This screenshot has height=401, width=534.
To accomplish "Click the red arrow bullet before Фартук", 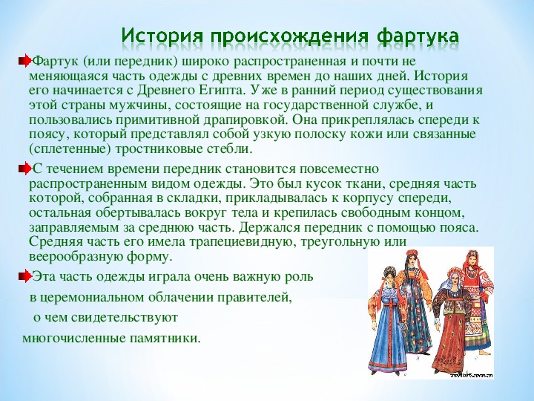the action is click(x=24, y=62).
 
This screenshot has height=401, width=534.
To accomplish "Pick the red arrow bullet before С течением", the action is click(x=24, y=169).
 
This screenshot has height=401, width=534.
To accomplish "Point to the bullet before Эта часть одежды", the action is click(x=24, y=276).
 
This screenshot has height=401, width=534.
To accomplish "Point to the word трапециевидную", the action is click(x=243, y=242).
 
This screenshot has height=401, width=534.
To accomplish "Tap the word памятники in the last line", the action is click(x=165, y=339).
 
